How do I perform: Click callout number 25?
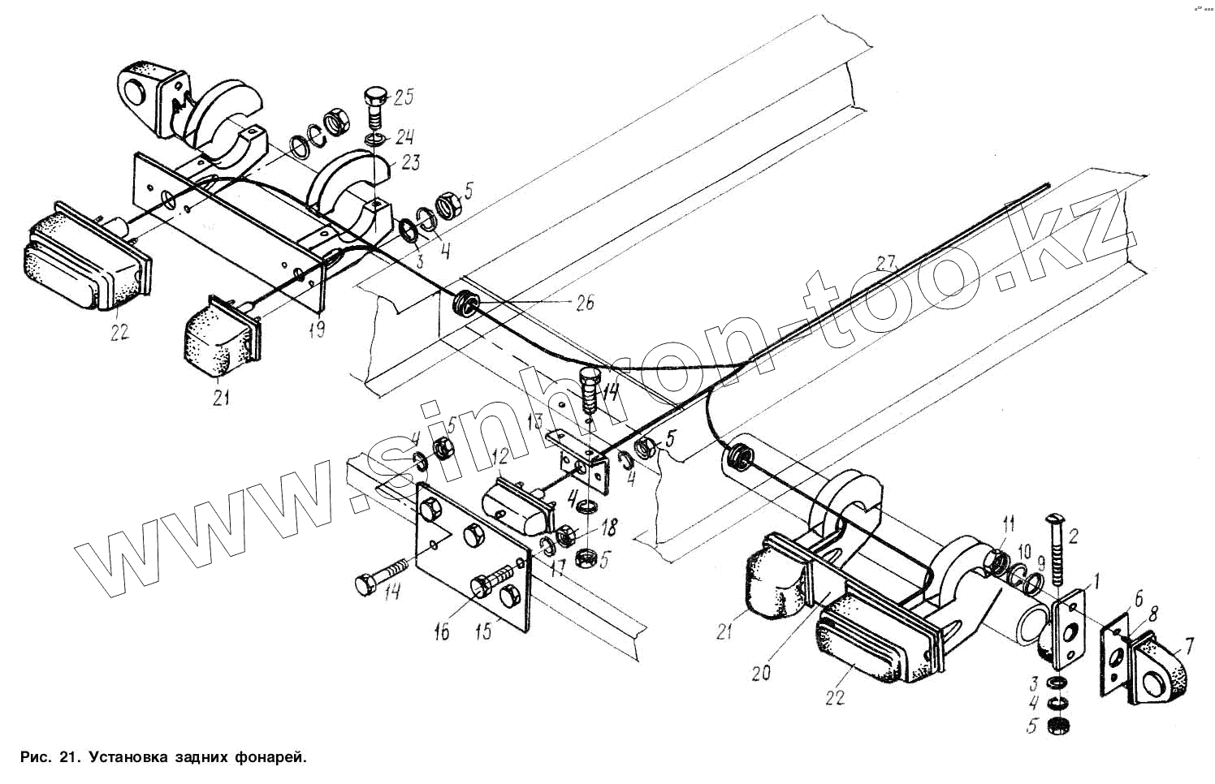[403, 98]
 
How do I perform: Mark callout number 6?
[1137, 598]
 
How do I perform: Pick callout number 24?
[404, 136]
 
